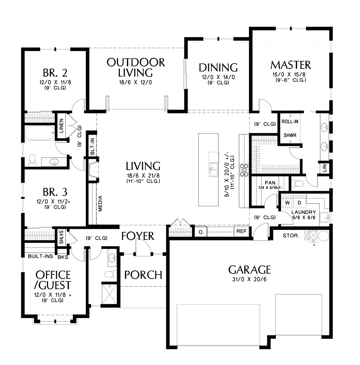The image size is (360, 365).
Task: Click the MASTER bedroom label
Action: (x=290, y=65)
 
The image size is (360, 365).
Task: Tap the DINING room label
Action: (x=218, y=68)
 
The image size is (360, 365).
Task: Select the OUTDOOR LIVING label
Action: (x=136, y=68)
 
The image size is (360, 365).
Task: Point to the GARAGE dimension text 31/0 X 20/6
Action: (x=249, y=280)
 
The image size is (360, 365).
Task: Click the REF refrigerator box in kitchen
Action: (x=241, y=231)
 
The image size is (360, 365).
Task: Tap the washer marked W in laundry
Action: (x=287, y=203)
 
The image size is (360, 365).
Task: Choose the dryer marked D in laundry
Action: (x=300, y=203)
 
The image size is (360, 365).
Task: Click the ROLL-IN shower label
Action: (x=290, y=122)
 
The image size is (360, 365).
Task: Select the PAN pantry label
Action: (x=270, y=183)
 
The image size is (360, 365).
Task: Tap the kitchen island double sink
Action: (x=213, y=170)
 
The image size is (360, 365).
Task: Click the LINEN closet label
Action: (x=61, y=126)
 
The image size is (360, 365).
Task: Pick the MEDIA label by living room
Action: (x=100, y=203)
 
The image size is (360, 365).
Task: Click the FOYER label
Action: (x=138, y=236)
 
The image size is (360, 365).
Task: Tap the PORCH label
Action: (x=143, y=275)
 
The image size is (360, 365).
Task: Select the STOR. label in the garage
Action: (x=291, y=236)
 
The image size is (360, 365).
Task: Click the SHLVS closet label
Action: (x=62, y=237)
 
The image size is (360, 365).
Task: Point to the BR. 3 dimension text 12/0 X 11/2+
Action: (x=53, y=202)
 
